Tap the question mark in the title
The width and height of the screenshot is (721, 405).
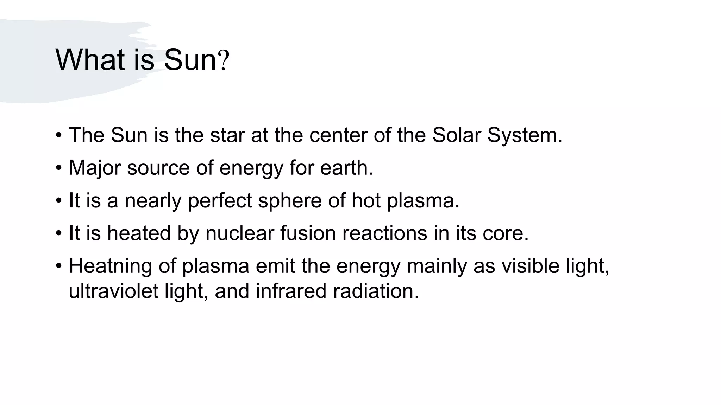pos(224,60)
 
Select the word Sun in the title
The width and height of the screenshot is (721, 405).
pos(190,60)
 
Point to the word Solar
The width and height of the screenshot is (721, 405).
pos(456,135)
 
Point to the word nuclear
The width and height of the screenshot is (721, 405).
pos(240,233)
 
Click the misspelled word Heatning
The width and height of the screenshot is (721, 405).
pos(110,266)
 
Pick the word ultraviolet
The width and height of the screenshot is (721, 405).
pos(113,291)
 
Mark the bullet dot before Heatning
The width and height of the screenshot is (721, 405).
pos(59,266)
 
